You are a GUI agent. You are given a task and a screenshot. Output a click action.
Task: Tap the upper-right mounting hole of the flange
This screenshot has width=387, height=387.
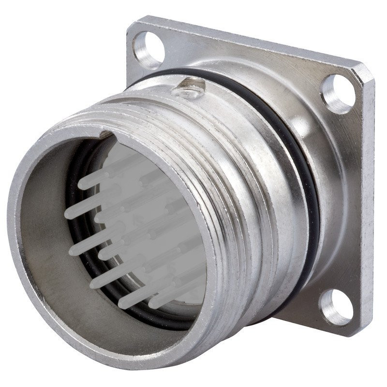pyautogui.click(x=338, y=94)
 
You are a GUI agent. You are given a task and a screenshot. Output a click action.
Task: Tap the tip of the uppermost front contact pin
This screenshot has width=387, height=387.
pyautogui.click(x=83, y=184)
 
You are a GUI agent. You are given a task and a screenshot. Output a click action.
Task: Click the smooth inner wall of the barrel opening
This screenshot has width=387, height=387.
pyautogui.click(x=44, y=242)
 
